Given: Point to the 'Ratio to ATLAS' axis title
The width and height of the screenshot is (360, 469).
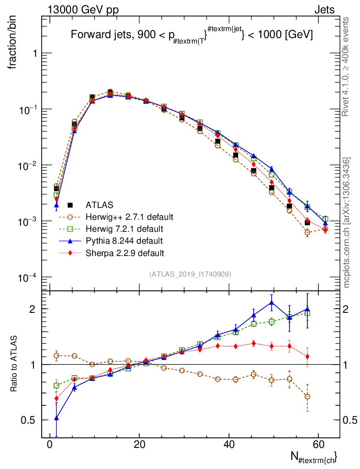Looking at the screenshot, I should click(x=15, y=364).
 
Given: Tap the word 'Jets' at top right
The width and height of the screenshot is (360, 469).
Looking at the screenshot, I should click(x=324, y=10).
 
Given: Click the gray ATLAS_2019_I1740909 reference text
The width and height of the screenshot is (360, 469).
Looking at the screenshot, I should click(x=190, y=274).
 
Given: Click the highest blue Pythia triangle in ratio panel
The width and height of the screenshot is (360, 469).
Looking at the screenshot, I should click(x=272, y=302).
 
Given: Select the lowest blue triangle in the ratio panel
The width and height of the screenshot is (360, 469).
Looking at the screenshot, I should click(x=56, y=418).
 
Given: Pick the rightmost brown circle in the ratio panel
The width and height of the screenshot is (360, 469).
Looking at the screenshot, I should click(x=307, y=397).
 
